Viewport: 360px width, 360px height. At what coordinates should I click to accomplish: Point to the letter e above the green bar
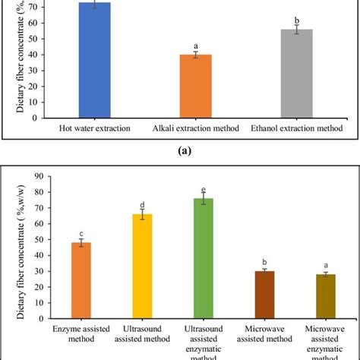203,189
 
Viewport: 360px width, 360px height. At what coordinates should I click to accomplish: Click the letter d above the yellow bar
143,205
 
